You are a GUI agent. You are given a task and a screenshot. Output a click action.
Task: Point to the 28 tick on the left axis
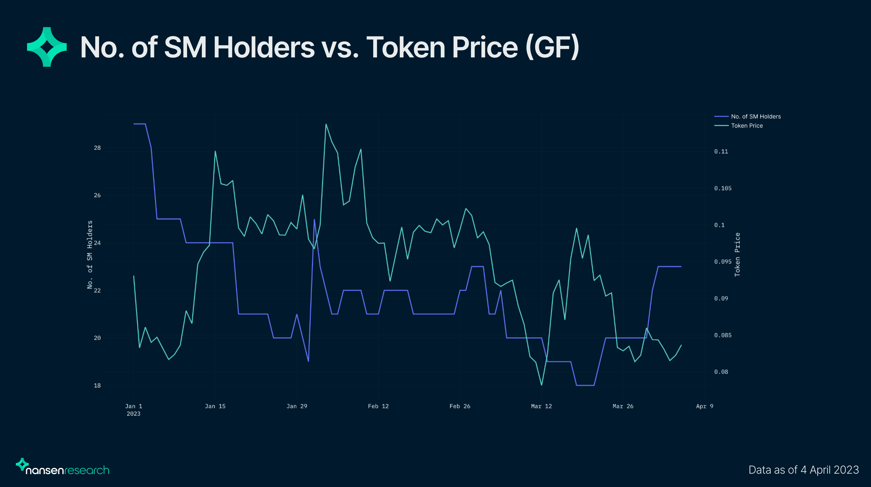click(x=97, y=148)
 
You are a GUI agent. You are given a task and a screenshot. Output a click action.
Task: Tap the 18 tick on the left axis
click(x=97, y=385)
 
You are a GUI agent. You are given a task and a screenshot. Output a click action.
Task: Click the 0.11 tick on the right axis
click(x=721, y=151)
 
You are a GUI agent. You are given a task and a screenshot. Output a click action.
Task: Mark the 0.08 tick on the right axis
click(x=721, y=372)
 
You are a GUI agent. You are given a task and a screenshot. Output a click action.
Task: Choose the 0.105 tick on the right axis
click(x=723, y=188)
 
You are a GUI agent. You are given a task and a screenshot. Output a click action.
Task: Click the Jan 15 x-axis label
click(x=215, y=406)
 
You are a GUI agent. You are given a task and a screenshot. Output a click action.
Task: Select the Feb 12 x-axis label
click(x=378, y=406)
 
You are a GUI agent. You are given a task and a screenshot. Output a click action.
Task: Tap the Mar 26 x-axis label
click(x=623, y=406)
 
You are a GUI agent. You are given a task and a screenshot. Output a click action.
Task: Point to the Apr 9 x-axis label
click(x=704, y=406)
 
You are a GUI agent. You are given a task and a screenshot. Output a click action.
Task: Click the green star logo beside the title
click(x=47, y=47)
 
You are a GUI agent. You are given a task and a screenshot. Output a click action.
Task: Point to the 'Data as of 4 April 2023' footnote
click(x=803, y=470)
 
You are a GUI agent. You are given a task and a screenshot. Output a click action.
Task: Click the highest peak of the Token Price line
click(x=326, y=124)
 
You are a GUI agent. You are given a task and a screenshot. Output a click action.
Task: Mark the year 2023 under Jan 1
click(x=134, y=414)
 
